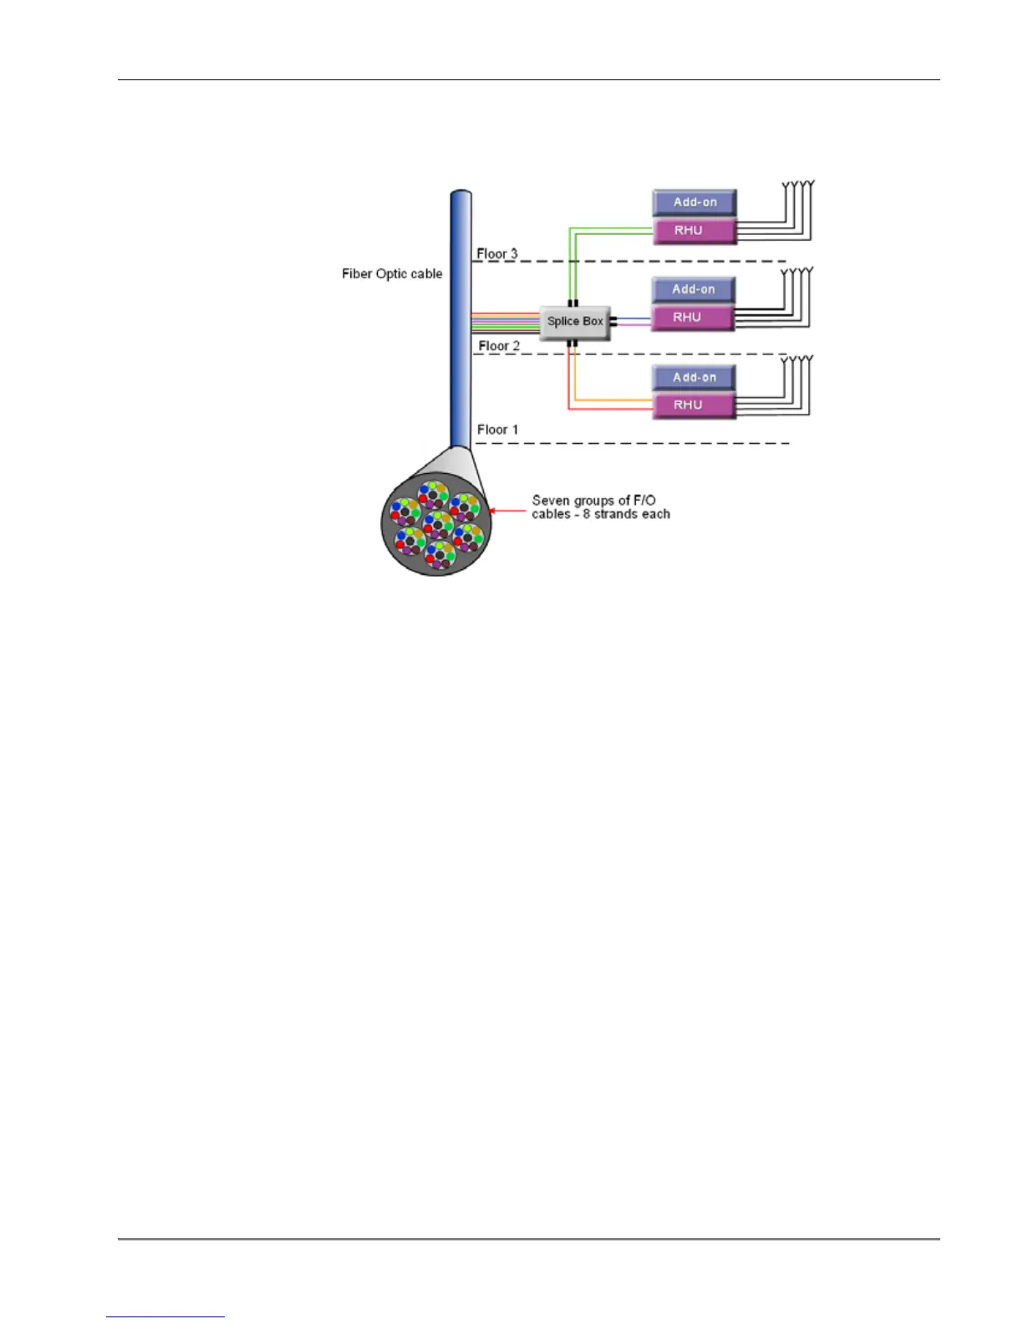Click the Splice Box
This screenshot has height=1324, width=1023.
click(x=575, y=322)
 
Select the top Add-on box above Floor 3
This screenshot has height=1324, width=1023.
click(x=695, y=202)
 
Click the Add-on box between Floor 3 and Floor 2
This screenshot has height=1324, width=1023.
click(x=694, y=290)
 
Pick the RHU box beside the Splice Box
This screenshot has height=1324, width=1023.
click(x=693, y=318)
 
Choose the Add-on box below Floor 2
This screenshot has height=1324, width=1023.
click(x=694, y=378)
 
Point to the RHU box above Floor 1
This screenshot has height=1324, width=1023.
click(x=694, y=405)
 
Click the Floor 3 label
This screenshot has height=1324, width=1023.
click(x=497, y=253)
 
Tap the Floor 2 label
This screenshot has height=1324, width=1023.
click(x=499, y=346)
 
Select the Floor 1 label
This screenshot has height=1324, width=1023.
click(x=497, y=430)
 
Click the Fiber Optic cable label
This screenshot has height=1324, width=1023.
click(x=392, y=274)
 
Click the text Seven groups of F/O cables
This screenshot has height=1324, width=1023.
click(x=600, y=507)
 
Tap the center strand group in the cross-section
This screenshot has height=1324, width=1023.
click(x=438, y=525)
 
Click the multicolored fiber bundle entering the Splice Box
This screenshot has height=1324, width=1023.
click(x=506, y=322)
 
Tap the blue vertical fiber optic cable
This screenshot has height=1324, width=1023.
click(x=461, y=318)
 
